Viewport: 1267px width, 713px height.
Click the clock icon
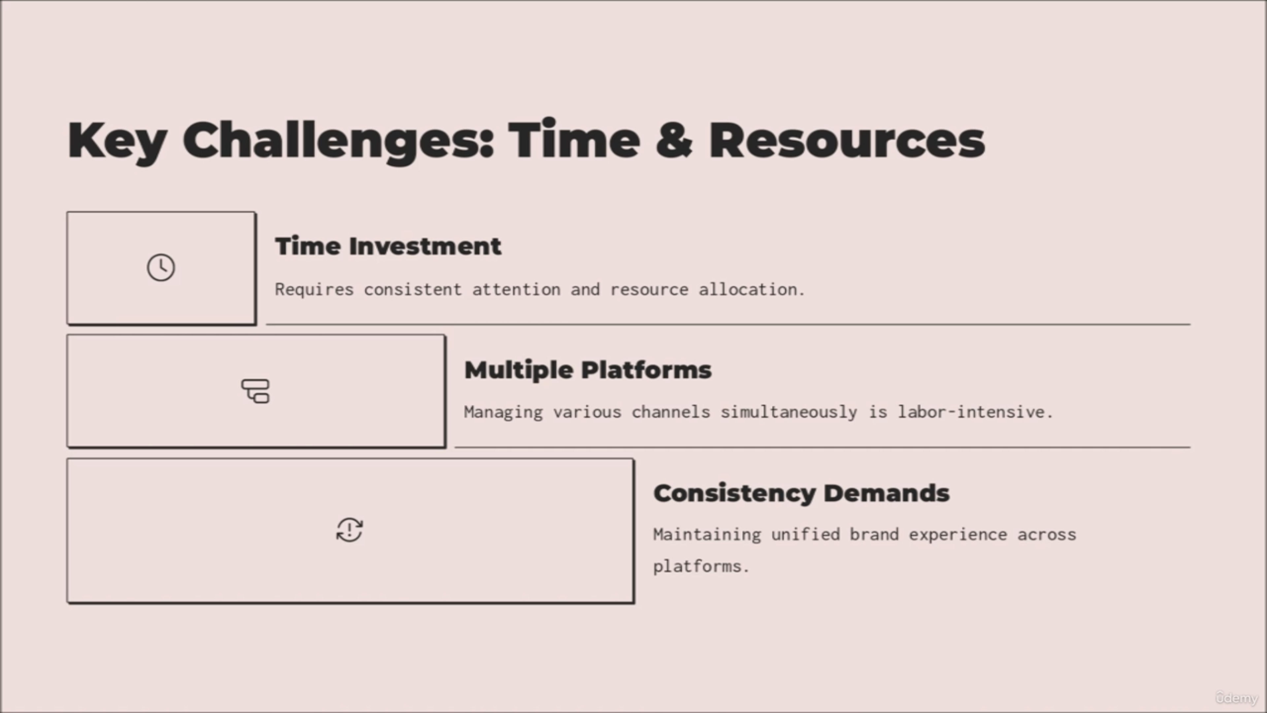click(161, 268)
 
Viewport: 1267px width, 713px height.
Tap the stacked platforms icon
click(255, 391)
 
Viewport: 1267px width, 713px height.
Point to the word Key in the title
click(117, 142)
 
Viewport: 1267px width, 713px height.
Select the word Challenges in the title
click(339, 142)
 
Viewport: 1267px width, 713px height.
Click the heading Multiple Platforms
click(588, 370)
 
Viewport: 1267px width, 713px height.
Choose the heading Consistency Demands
click(801, 493)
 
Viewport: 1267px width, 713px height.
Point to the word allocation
click(752, 289)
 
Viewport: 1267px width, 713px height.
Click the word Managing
click(503, 412)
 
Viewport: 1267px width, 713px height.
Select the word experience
click(958, 535)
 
